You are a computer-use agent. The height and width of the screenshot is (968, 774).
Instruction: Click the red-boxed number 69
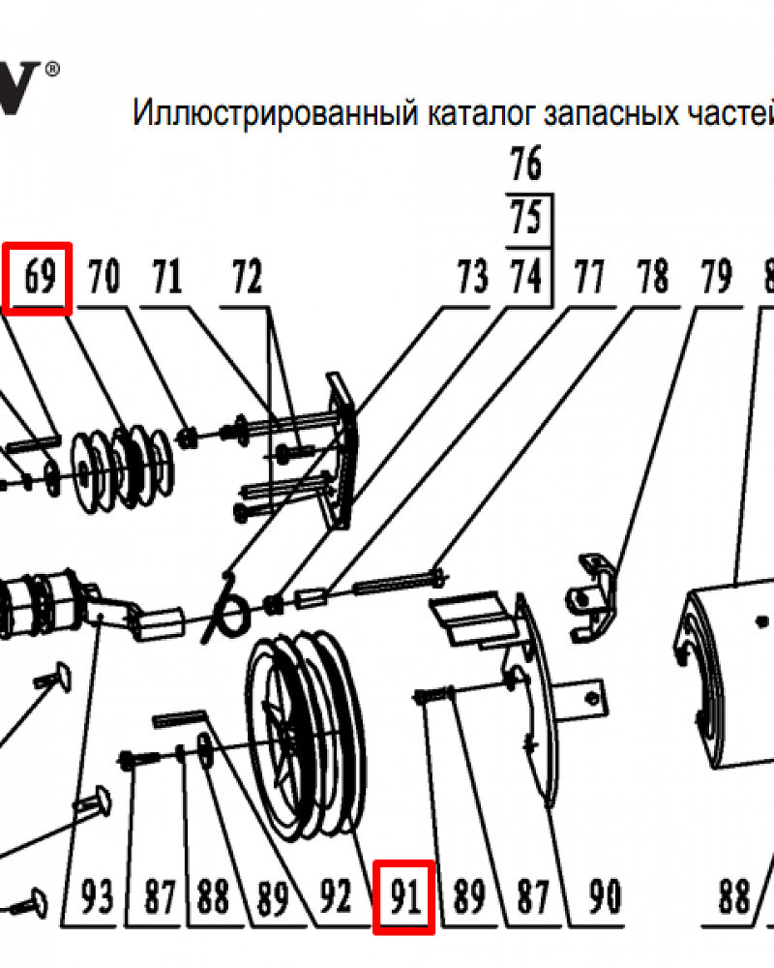point(38,280)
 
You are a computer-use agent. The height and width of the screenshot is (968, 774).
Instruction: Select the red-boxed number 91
point(404,899)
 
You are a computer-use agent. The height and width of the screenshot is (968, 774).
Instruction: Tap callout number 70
point(104,280)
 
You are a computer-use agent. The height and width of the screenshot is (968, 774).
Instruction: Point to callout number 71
point(166,280)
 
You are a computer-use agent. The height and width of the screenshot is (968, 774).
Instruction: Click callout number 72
point(246,280)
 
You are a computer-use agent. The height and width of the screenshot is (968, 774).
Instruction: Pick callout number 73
point(472,280)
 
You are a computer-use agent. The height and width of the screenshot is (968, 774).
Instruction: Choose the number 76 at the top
point(526,166)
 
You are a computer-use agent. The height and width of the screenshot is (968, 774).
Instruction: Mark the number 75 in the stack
point(526,220)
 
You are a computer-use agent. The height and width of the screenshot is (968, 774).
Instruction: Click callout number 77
point(589,280)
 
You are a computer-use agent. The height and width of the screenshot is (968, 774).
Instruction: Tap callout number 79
point(715,280)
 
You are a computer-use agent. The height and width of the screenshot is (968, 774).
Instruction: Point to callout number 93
point(96,899)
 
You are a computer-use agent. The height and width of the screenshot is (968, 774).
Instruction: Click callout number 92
point(335,899)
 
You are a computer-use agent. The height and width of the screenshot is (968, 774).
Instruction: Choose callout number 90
point(604,899)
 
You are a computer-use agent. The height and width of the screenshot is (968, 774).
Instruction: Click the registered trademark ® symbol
point(52,69)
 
